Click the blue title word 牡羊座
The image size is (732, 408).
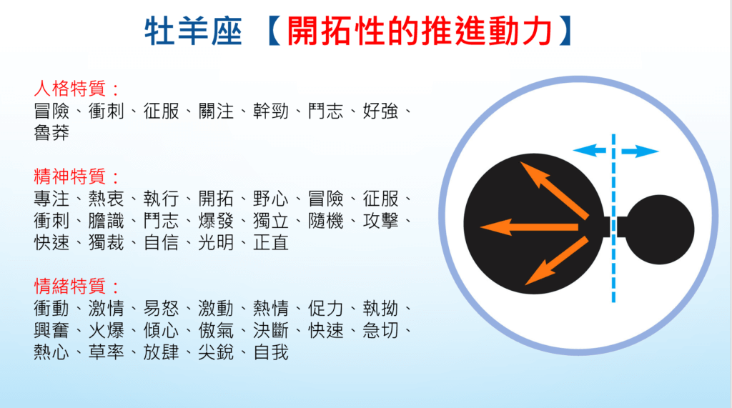click(x=193, y=31)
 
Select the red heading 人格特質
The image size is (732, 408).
click(x=71, y=88)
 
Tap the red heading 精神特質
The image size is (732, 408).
click(x=71, y=176)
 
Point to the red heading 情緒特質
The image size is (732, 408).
click(x=71, y=286)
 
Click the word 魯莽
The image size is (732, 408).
click(x=51, y=133)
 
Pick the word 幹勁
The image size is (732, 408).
click(x=271, y=111)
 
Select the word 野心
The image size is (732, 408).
click(x=271, y=199)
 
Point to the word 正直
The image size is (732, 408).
click(x=271, y=243)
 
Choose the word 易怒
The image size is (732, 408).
click(x=162, y=309)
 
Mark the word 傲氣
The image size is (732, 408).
click(x=216, y=331)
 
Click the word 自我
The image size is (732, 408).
click(x=271, y=352)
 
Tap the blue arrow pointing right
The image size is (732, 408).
click(x=640, y=151)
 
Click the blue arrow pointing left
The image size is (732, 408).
click(x=590, y=150)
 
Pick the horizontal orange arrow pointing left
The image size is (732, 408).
click(x=529, y=227)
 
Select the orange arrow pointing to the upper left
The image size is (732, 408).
click(x=554, y=190)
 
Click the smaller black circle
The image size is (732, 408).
click(x=659, y=229)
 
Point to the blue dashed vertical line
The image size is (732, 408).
click(x=613, y=219)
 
